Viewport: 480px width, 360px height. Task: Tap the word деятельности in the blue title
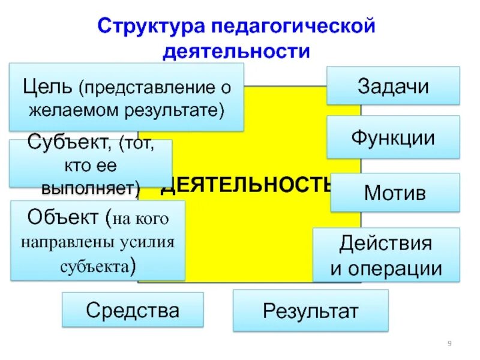point(237,51)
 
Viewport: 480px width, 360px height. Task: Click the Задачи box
point(393,86)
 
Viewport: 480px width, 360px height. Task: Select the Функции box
point(393,137)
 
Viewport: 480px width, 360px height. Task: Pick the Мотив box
point(395,193)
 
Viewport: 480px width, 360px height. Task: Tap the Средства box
point(133,310)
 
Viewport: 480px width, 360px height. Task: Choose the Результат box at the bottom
point(310,311)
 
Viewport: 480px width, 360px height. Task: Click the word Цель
point(49,87)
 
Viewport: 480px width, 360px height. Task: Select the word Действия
point(385,244)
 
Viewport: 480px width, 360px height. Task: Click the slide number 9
point(449,343)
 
